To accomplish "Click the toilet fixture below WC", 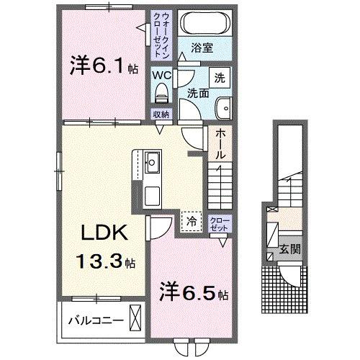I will (161, 92).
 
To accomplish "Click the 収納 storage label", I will (161, 114).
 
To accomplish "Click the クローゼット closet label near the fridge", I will (218, 222).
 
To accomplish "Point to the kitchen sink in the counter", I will (152, 161).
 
